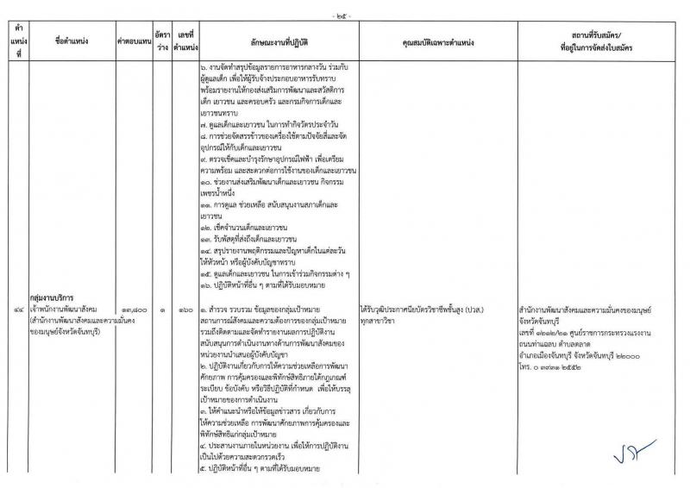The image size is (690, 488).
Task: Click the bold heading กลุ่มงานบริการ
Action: coord(52,295)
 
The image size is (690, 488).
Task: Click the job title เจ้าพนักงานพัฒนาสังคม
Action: coord(68,306)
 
